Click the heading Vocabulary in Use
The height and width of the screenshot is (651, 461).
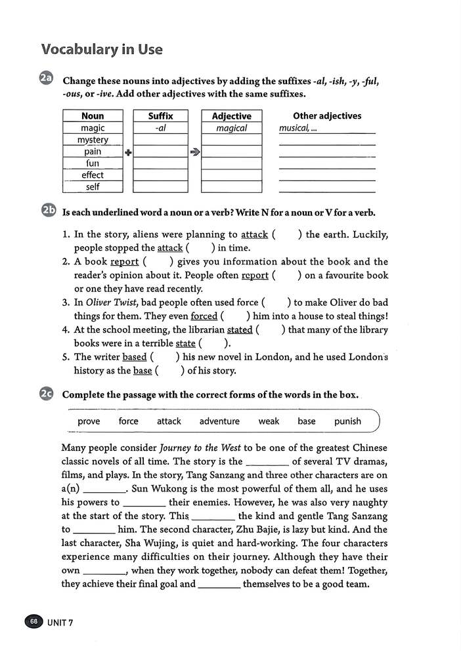tap(102, 50)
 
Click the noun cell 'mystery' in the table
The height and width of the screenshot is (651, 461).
tap(93, 140)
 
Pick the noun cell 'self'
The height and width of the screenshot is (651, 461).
tap(93, 187)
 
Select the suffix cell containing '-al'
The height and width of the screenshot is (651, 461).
tap(160, 129)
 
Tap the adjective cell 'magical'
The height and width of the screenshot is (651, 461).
tap(231, 129)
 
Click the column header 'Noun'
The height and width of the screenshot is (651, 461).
tap(93, 116)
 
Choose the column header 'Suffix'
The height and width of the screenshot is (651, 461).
tap(160, 116)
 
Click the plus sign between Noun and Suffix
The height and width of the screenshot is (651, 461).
tap(128, 152)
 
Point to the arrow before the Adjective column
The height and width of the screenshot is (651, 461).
tap(194, 152)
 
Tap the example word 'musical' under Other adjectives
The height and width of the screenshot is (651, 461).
tap(293, 129)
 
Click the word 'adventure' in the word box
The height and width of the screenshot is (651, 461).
tap(219, 421)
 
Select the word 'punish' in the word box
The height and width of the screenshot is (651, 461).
tap(347, 421)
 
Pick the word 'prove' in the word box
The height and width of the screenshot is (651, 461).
tap(89, 421)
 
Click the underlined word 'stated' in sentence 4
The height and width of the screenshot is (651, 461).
tap(240, 330)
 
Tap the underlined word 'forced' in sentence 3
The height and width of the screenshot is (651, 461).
tap(204, 316)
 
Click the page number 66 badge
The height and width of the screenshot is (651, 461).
tap(33, 621)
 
